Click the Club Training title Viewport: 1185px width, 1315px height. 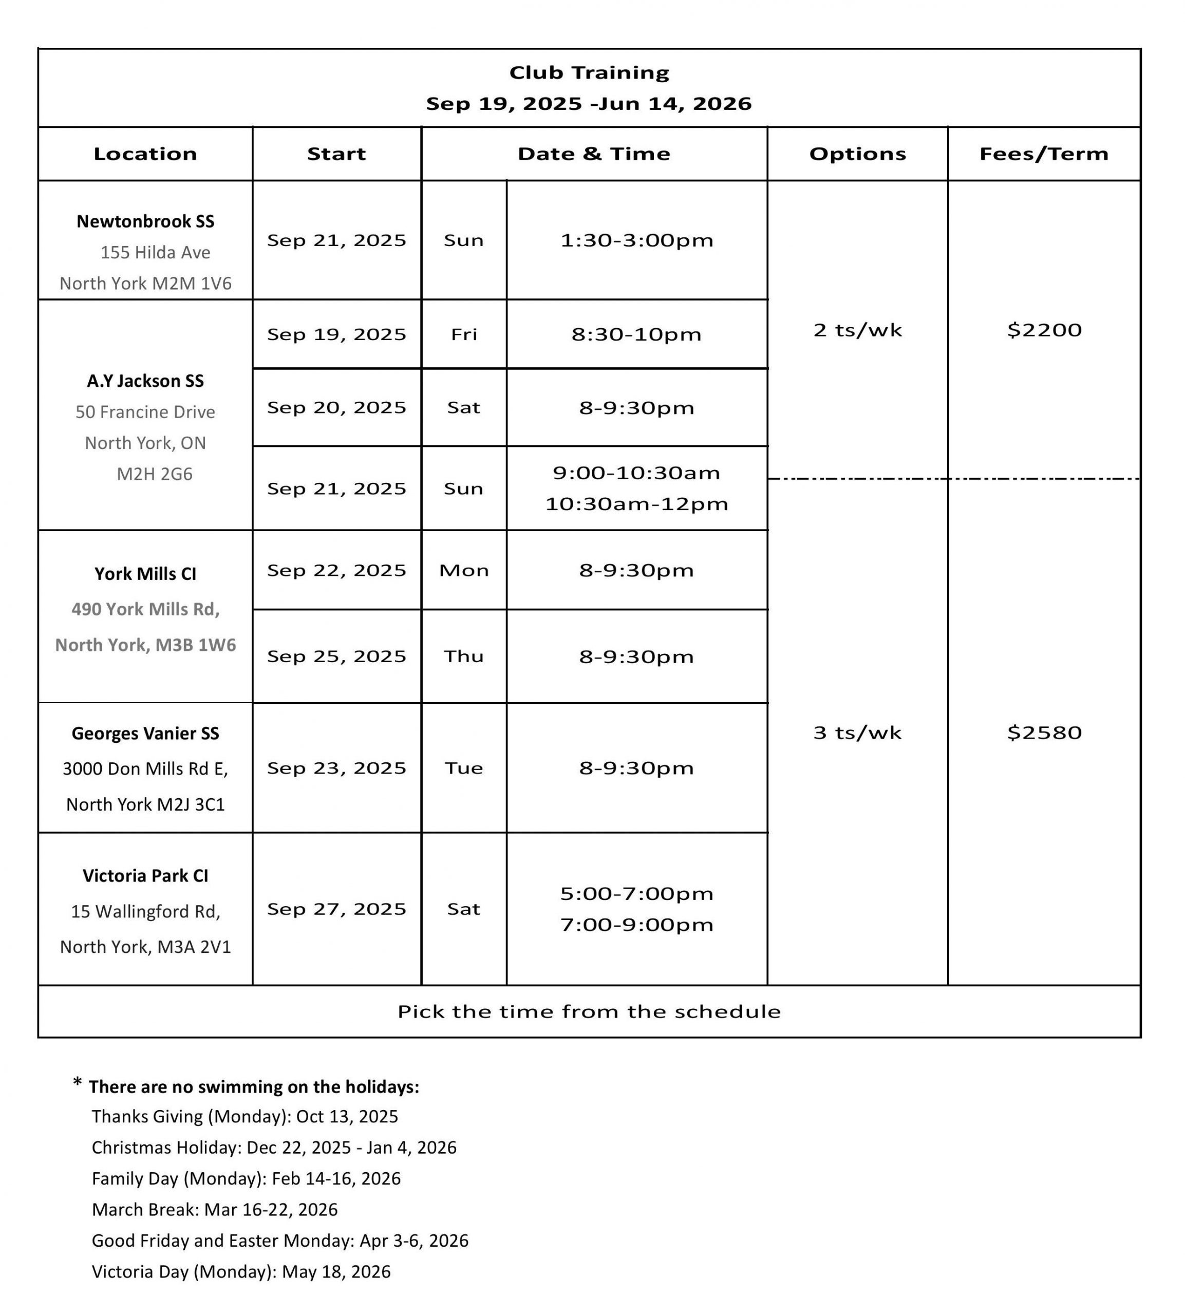(589, 72)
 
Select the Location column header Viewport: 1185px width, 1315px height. (145, 154)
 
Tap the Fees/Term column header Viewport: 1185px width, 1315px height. (1043, 154)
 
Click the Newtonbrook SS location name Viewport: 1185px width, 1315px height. (145, 221)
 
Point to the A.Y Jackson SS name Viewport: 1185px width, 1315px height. (145, 381)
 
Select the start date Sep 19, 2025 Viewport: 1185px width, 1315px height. (336, 334)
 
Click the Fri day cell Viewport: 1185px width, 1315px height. (464, 334)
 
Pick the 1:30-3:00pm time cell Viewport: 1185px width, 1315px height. (637, 240)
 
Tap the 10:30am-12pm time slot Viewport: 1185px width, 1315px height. (637, 504)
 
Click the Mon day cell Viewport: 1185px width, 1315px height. (464, 570)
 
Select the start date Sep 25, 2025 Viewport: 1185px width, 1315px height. (336, 656)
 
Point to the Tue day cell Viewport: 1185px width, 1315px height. (464, 768)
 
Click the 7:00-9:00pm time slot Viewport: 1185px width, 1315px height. (637, 925)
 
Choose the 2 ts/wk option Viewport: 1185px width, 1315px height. (857, 330)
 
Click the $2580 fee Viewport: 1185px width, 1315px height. (1044, 732)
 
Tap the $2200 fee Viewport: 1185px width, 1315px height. (1044, 330)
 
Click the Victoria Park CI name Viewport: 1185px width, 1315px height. (145, 876)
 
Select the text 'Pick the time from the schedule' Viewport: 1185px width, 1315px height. (589, 1011)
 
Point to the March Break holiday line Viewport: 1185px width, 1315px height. (215, 1210)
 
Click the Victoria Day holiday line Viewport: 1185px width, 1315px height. (241, 1271)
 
